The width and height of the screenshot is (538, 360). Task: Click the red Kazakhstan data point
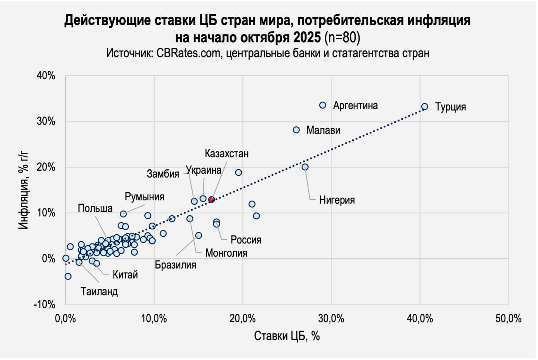click(211, 200)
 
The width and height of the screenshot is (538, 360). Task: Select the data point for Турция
click(425, 107)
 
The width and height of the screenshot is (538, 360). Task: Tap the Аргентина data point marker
click(323, 105)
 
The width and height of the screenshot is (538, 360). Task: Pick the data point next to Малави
click(296, 130)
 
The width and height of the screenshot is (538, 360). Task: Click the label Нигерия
click(337, 200)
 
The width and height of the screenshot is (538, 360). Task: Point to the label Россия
click(246, 240)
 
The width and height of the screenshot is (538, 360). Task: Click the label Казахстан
click(227, 154)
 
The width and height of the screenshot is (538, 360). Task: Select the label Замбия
click(163, 174)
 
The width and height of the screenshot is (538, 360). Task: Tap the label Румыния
click(145, 197)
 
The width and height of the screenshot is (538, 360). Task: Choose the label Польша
click(95, 208)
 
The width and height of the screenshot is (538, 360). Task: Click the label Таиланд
click(99, 291)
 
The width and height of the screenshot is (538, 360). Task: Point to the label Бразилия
click(176, 265)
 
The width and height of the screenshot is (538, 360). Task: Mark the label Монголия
click(227, 253)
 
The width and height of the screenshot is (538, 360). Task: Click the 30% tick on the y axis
click(46, 121)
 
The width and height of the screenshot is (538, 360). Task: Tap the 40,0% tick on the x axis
click(420, 319)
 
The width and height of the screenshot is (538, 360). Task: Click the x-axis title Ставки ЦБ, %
click(287, 336)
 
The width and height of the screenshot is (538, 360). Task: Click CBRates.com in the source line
click(189, 53)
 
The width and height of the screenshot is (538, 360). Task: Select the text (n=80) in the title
click(342, 38)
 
